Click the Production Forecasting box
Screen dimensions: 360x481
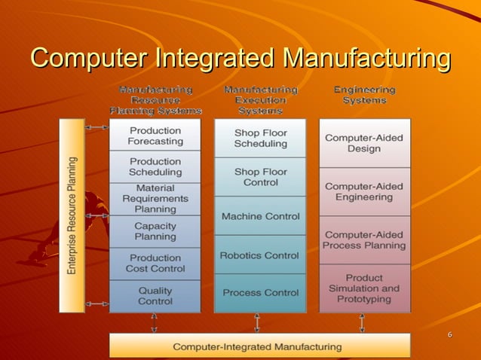(155, 136)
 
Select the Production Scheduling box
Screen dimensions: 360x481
(155, 166)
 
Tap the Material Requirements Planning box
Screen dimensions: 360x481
(155, 198)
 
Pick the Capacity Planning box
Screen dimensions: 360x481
(155, 231)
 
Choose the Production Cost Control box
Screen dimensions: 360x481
(155, 263)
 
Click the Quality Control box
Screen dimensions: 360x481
(155, 295)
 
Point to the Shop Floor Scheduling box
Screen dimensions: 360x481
(260, 138)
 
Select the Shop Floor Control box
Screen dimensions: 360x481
(260, 177)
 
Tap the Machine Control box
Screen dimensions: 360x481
(260, 216)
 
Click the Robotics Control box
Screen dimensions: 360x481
(260, 255)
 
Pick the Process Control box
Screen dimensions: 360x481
(260, 292)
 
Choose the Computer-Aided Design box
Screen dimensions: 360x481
(364, 143)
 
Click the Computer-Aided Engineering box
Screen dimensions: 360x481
(364, 191)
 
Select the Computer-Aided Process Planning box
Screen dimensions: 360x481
(364, 239)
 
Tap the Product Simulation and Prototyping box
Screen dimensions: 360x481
(364, 288)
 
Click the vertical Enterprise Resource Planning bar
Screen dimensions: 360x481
(72, 215)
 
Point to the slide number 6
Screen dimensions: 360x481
(449, 334)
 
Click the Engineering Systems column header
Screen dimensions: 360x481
(364, 95)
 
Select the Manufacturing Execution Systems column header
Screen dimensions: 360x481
(261, 100)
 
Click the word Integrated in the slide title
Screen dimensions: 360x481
(213, 57)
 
